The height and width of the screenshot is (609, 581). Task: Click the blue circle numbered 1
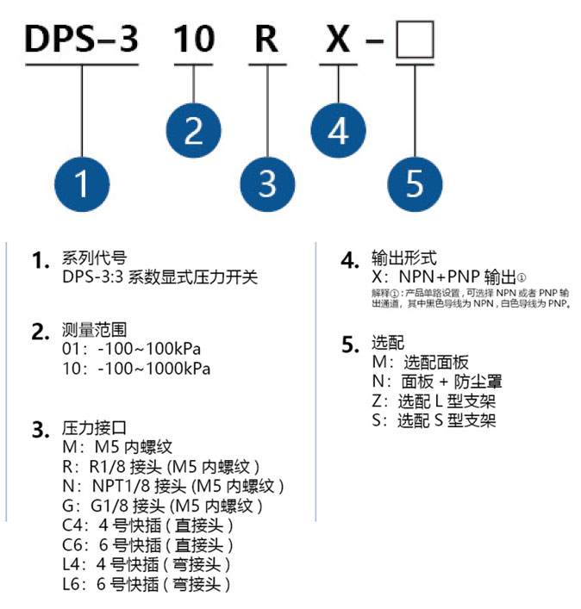click(82, 184)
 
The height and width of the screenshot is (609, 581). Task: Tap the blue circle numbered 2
click(194, 130)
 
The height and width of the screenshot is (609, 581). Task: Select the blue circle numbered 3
click(267, 184)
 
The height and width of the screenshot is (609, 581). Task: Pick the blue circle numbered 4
click(338, 130)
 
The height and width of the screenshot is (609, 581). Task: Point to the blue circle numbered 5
click(415, 184)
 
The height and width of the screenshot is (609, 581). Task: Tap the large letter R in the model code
click(266, 39)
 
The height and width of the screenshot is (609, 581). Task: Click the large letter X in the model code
click(338, 39)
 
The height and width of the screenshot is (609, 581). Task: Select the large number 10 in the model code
click(194, 39)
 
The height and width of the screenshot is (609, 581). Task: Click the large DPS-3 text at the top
click(82, 39)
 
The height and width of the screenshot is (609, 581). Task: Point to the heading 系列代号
click(94, 258)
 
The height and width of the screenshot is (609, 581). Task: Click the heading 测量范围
click(94, 330)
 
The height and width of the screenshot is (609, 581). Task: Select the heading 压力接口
click(94, 427)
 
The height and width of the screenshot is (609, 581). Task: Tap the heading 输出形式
click(404, 258)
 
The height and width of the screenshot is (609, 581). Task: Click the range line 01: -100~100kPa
click(131, 349)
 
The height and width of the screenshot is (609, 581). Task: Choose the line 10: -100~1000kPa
click(136, 368)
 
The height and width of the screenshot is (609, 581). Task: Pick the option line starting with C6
click(147, 545)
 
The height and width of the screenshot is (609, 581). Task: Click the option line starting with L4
click(147, 564)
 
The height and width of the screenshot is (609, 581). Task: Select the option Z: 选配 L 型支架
click(434, 401)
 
